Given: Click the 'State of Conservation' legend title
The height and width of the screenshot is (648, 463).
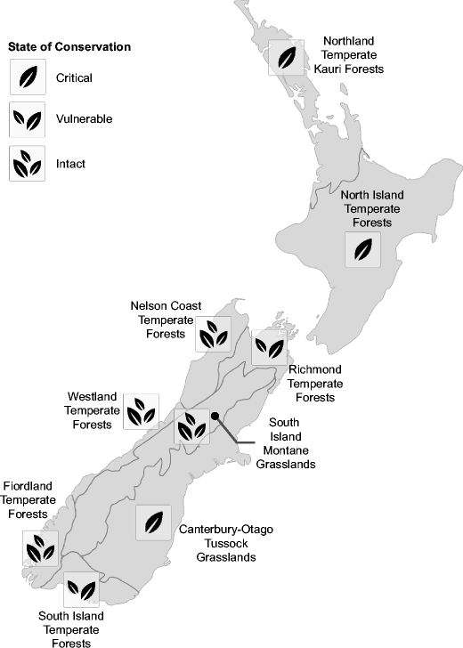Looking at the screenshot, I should (x=69, y=46).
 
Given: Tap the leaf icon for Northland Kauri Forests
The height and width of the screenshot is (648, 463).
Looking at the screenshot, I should (x=286, y=57).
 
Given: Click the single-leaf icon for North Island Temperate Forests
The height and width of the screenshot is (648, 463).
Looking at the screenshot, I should (x=361, y=250).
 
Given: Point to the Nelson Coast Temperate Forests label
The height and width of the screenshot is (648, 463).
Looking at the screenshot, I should (x=165, y=320).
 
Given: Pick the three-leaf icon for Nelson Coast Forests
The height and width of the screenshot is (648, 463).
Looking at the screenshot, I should (x=213, y=334).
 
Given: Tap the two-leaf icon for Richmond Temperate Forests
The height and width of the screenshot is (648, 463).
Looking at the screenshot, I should (x=269, y=347).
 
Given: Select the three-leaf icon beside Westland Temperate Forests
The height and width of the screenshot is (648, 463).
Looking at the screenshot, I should (x=141, y=411).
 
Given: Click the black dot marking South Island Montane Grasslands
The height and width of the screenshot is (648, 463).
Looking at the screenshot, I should (x=215, y=415).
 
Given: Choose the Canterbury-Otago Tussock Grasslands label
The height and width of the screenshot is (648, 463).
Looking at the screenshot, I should (x=226, y=543).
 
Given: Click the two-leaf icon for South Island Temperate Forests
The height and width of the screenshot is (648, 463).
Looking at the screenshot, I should (x=81, y=588).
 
